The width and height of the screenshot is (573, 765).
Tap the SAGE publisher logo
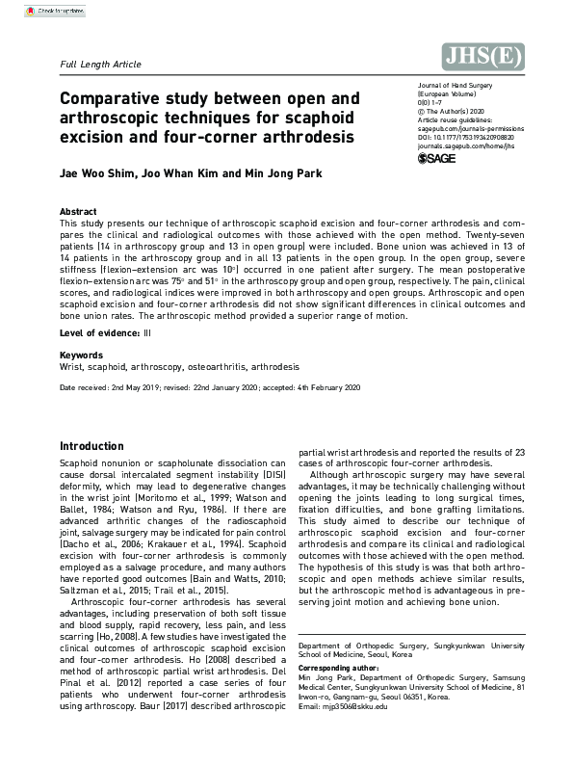click(436, 158)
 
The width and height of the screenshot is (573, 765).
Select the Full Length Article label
click(100, 65)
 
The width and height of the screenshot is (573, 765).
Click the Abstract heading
click(78, 211)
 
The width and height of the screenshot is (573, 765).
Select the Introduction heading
click(91, 446)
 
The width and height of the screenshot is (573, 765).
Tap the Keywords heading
click(81, 356)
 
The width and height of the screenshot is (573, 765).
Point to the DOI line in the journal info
click(459, 137)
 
